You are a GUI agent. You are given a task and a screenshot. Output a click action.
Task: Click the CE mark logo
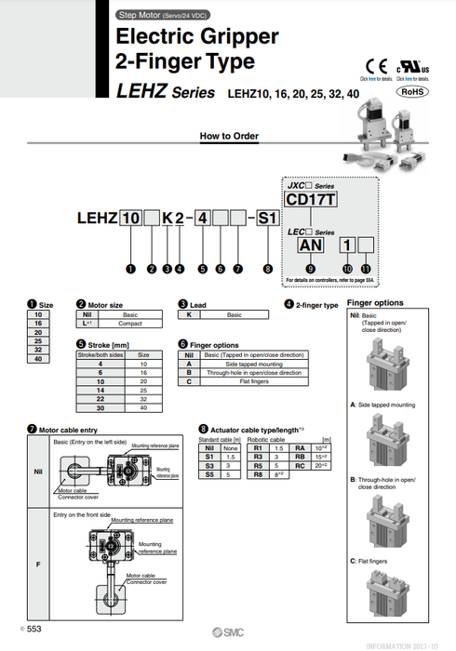click(376, 67)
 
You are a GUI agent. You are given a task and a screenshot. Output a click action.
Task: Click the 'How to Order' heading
click(228, 136)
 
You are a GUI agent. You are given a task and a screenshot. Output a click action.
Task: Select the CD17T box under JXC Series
click(309, 199)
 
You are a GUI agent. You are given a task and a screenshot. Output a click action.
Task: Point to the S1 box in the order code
click(267, 219)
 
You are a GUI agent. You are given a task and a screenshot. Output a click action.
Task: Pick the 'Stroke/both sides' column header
click(101, 354)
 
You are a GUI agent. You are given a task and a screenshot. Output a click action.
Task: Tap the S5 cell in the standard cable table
click(208, 474)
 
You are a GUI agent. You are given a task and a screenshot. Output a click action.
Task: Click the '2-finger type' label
click(317, 305)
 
